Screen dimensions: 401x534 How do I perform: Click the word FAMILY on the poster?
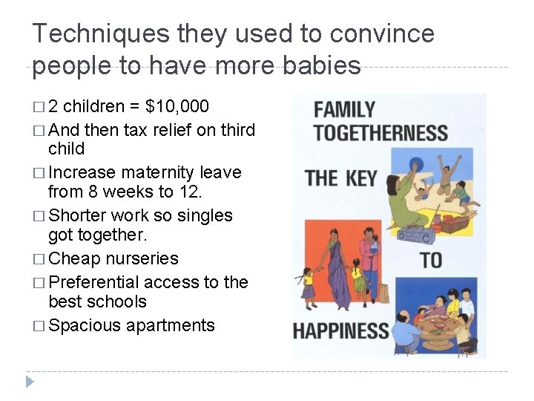coord(345,110)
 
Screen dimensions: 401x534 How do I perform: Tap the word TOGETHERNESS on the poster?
coord(380,134)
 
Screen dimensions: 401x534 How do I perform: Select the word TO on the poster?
coord(431,260)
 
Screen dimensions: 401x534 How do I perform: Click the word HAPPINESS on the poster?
coord(341,331)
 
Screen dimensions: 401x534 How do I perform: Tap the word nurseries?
coord(142,258)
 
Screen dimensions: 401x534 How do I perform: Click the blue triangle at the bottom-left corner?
coord(30,382)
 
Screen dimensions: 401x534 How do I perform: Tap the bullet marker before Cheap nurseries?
coord(38,259)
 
